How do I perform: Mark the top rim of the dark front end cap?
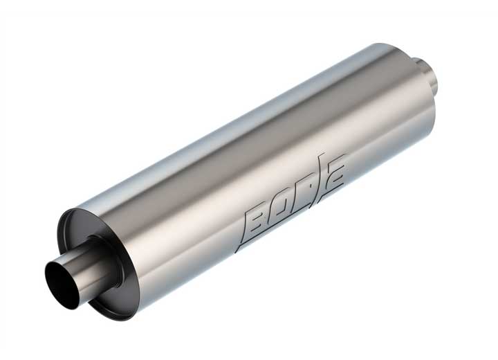76,212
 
